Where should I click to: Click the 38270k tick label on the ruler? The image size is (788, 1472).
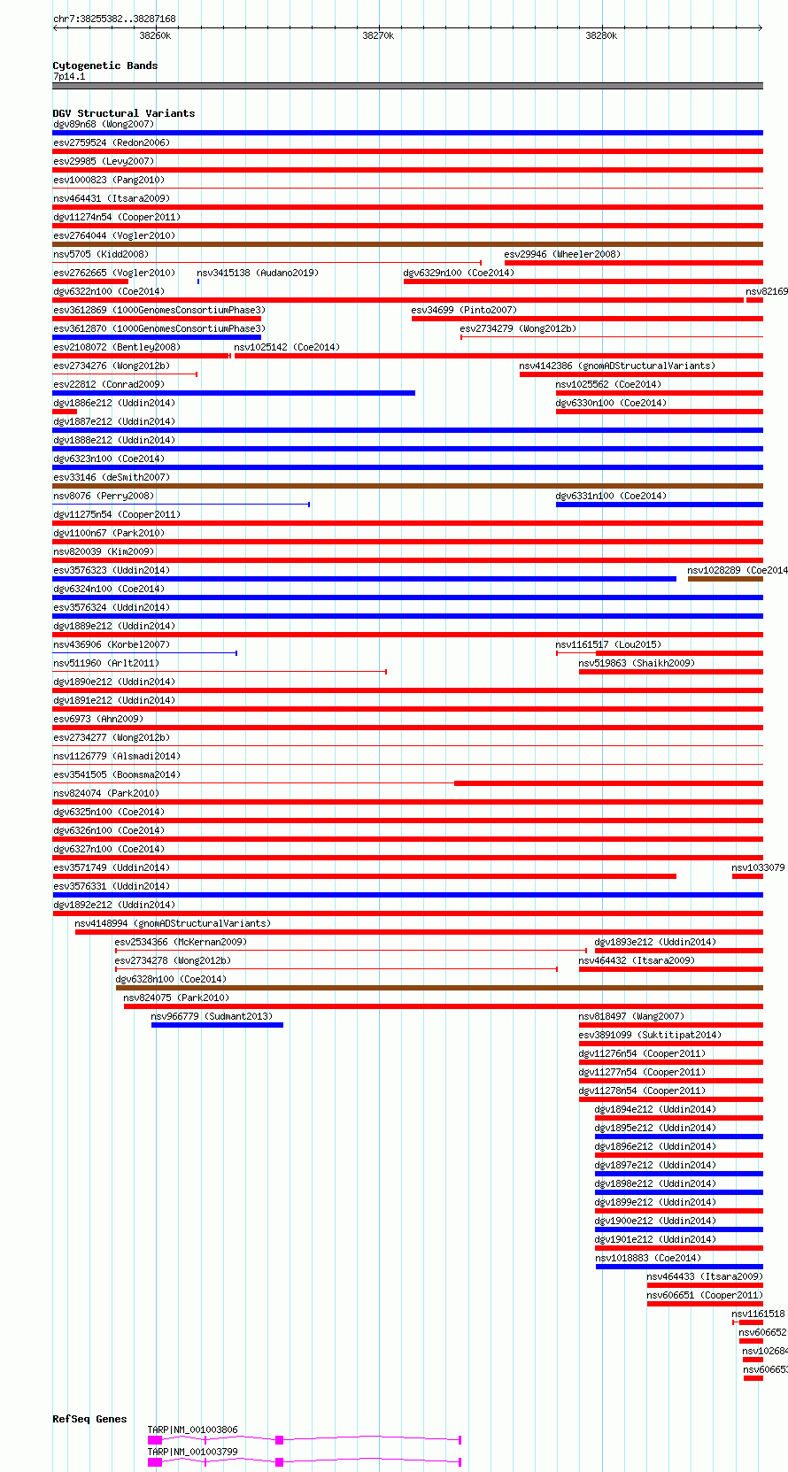click(378, 35)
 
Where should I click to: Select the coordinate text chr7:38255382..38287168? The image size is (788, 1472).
click(114, 19)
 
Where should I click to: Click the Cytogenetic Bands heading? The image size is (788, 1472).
click(104, 66)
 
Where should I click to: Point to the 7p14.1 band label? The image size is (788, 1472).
click(69, 77)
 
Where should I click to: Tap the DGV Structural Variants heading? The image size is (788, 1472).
click(123, 113)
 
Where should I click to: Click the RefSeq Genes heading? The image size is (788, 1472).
click(89, 1419)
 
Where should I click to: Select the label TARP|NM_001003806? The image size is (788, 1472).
click(192, 1430)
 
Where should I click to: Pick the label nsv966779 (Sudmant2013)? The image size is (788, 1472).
click(212, 1016)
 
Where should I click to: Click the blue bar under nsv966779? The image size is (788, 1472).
click(217, 1025)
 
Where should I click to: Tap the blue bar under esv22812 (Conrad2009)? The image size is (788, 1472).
click(234, 393)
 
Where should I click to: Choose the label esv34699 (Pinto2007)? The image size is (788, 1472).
click(464, 310)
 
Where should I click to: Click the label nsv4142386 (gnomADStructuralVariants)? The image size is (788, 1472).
click(617, 366)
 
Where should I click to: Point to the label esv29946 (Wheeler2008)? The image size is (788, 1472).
click(562, 254)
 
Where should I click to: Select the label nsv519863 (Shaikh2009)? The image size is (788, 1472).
click(637, 663)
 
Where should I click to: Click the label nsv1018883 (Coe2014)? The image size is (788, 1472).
click(648, 1258)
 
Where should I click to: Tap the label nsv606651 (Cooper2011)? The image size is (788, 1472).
click(704, 1295)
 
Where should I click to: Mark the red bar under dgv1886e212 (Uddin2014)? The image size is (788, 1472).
click(65, 412)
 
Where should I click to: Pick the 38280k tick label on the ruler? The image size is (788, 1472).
click(601, 35)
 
